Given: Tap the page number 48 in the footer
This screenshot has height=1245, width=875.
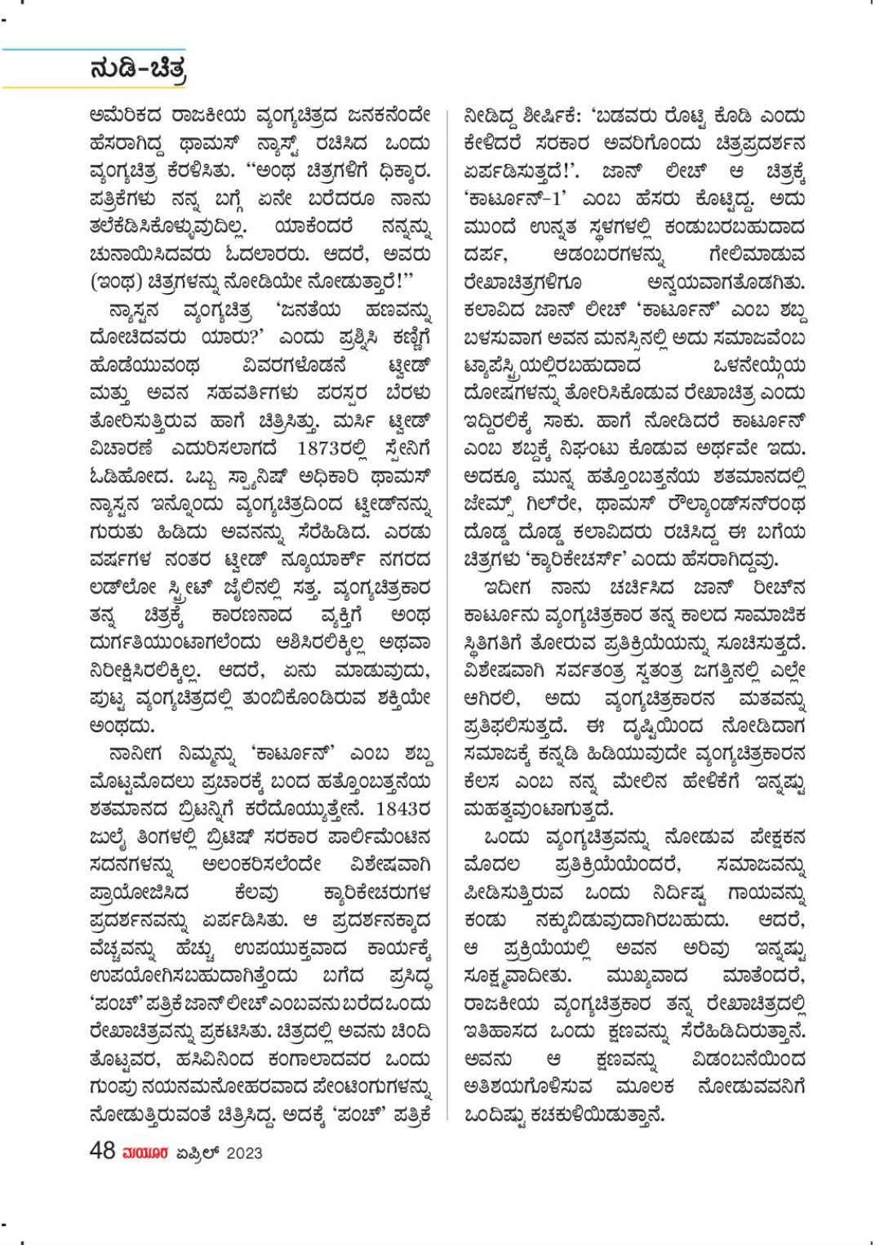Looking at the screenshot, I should click(103, 1152).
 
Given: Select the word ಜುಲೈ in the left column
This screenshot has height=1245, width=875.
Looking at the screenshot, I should click(109, 838).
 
